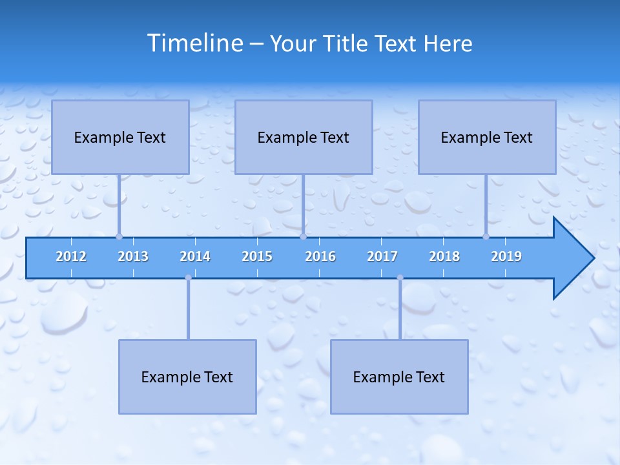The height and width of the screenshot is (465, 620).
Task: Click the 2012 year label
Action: tap(71, 256)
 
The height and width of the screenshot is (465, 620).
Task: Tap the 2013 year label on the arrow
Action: tap(133, 256)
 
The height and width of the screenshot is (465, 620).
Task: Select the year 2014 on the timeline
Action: tap(195, 256)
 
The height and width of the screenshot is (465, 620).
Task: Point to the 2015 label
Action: tap(257, 256)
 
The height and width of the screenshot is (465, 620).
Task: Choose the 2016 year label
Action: tap(320, 256)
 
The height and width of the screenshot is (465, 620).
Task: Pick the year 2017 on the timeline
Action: tap(382, 256)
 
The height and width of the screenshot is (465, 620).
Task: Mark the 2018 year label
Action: tap(444, 256)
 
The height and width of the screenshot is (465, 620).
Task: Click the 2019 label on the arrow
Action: tap(506, 256)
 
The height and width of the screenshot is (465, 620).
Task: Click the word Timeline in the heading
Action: tap(194, 43)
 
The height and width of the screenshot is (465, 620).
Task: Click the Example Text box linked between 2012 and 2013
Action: tap(120, 137)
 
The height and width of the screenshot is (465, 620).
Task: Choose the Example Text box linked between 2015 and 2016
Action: tap(304, 137)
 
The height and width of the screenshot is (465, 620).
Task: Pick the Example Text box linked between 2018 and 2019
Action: tap(487, 137)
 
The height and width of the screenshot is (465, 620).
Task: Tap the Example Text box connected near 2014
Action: tap(187, 377)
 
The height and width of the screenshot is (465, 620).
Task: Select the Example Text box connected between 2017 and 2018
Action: tap(399, 377)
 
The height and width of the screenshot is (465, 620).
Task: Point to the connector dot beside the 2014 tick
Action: tap(188, 278)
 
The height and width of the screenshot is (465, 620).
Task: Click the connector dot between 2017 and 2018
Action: tap(400, 278)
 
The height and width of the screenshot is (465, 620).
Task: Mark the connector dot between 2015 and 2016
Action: tap(303, 236)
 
